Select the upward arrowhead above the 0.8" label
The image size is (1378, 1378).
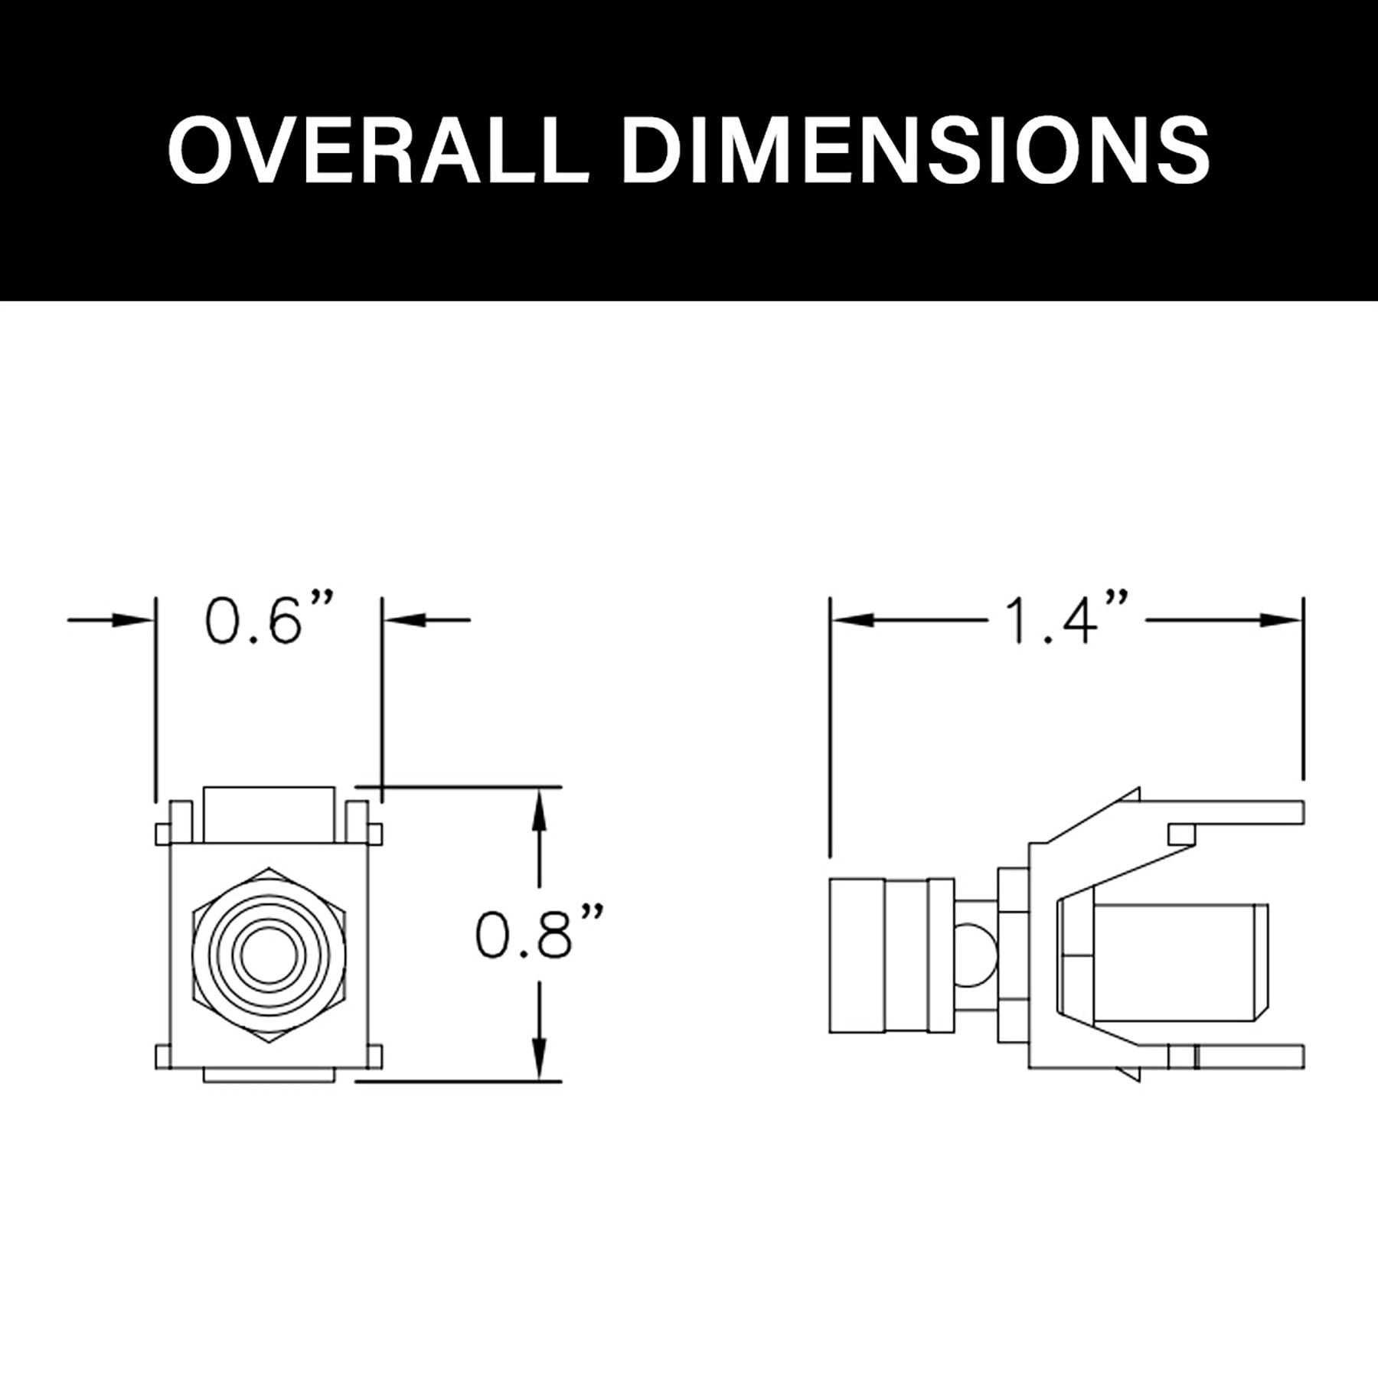[x=540, y=811]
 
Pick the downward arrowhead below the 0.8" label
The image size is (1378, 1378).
[x=540, y=1061]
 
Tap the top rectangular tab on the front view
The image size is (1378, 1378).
[x=269, y=814]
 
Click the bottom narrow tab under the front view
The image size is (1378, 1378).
[x=269, y=1076]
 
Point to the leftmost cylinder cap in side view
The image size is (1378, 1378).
[x=857, y=957]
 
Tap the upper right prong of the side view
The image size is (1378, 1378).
[x=1225, y=810]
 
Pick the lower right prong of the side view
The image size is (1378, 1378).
[x=1240, y=1056]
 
